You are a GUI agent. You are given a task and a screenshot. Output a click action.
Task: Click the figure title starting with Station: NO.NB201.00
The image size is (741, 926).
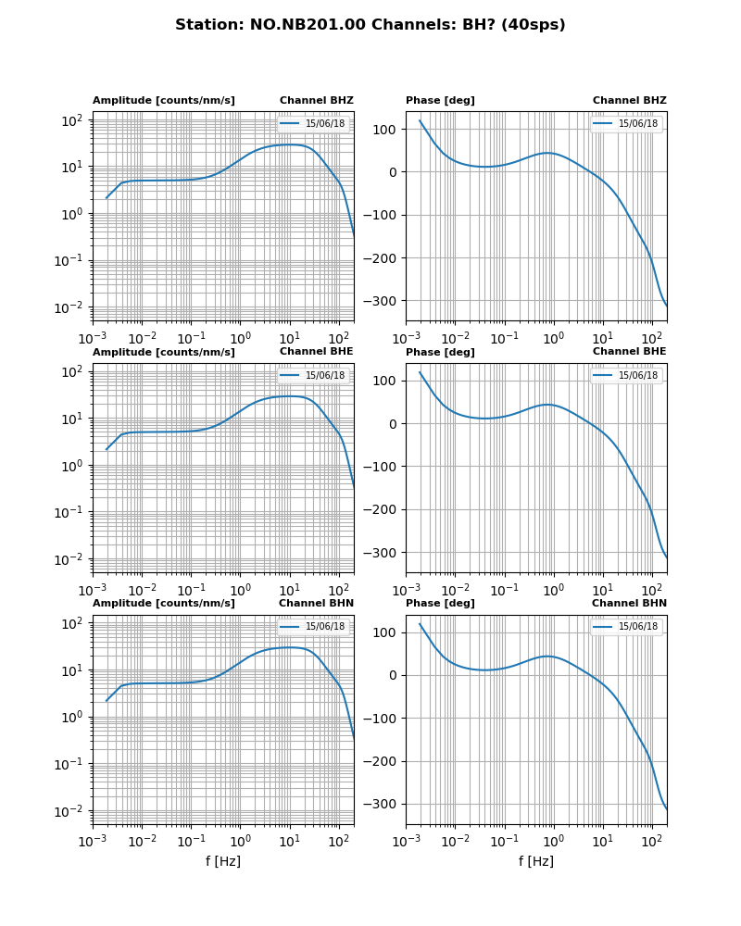(x=370, y=25)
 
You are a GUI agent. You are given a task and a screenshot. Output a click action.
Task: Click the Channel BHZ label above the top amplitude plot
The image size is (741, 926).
(x=316, y=101)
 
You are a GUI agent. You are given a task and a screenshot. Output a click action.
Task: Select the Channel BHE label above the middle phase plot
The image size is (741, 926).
(x=629, y=352)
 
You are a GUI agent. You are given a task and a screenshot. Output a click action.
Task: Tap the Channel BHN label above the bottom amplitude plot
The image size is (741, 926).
(x=316, y=604)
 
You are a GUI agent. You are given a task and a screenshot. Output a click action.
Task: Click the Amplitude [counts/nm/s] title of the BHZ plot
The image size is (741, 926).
(x=163, y=101)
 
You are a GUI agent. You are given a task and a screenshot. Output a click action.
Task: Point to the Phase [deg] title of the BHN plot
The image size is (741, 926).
(x=440, y=604)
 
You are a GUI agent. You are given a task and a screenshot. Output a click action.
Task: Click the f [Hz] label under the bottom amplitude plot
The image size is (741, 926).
(x=223, y=861)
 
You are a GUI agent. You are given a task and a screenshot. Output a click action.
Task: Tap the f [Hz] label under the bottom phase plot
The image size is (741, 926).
(x=536, y=861)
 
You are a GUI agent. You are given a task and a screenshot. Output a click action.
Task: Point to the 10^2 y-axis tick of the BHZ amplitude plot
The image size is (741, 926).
(x=72, y=120)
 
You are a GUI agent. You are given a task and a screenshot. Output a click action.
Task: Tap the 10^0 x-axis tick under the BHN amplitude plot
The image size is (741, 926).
(x=241, y=841)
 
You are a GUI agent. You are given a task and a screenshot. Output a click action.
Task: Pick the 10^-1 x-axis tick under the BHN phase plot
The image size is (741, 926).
(x=504, y=841)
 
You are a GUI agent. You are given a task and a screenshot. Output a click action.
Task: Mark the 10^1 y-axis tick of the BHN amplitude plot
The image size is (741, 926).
(x=72, y=669)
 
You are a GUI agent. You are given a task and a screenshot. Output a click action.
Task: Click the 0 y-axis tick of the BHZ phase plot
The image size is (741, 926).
(x=393, y=172)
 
